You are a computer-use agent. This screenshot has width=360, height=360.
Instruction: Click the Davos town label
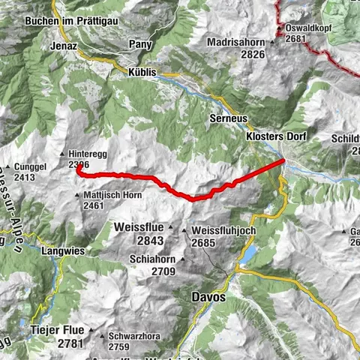208,297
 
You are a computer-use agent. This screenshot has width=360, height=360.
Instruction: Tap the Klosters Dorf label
277,136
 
